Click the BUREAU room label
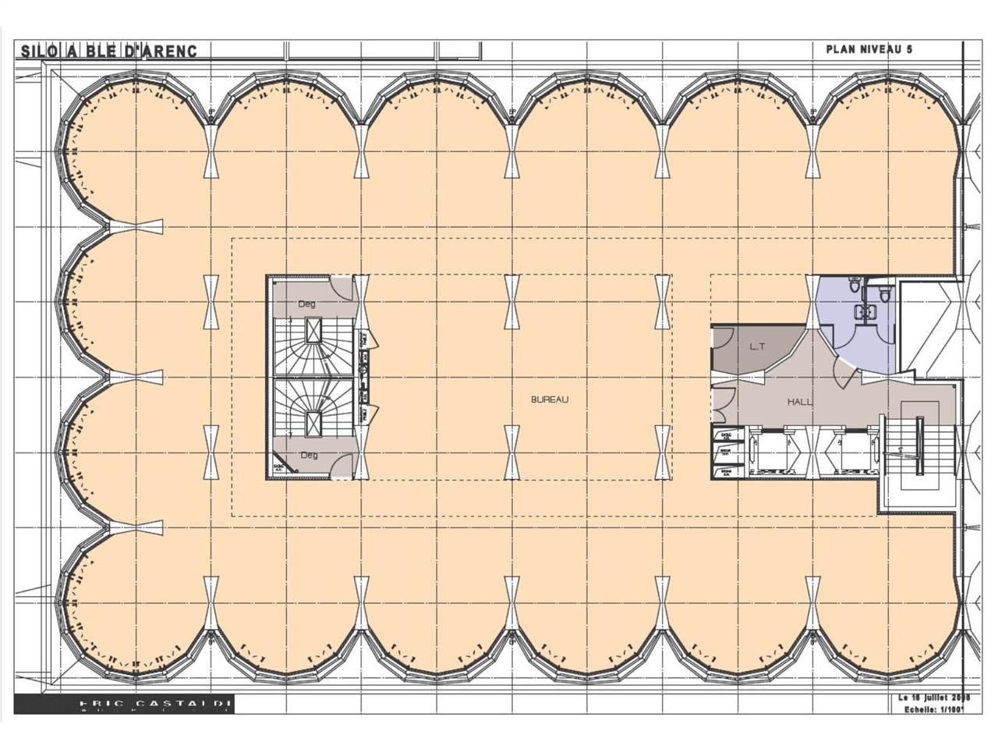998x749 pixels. tap(550, 399)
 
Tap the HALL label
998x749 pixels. tap(800, 402)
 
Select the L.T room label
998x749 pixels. tap(756, 346)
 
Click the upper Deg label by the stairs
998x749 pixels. tap(307, 304)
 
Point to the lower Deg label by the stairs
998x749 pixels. tap(309, 455)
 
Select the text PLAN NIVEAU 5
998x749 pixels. tap(869, 49)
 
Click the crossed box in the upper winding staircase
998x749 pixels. tap(313, 331)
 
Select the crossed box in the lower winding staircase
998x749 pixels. tap(313, 421)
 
